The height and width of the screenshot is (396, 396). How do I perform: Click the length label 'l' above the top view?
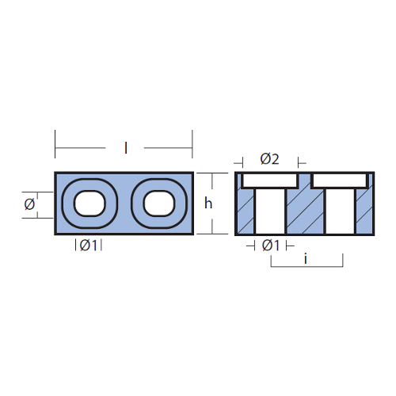pyautogui.click(x=126, y=148)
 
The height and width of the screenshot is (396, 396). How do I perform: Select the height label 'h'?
pyautogui.click(x=208, y=204)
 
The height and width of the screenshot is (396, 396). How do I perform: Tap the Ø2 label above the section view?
pyautogui.click(x=269, y=159)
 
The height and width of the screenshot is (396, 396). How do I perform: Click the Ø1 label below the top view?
pyautogui.click(x=89, y=246)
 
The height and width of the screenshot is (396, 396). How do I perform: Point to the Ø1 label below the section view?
pyautogui.click(x=271, y=246)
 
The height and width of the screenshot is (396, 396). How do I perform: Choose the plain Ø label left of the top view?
pyautogui.click(x=29, y=204)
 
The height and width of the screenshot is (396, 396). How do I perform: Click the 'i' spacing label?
pyautogui.click(x=306, y=259)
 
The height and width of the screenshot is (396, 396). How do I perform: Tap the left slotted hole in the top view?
pyautogui.click(x=89, y=204)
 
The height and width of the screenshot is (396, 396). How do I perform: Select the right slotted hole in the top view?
pyautogui.click(x=159, y=204)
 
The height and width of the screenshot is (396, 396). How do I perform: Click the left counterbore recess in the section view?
pyautogui.click(x=271, y=181)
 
